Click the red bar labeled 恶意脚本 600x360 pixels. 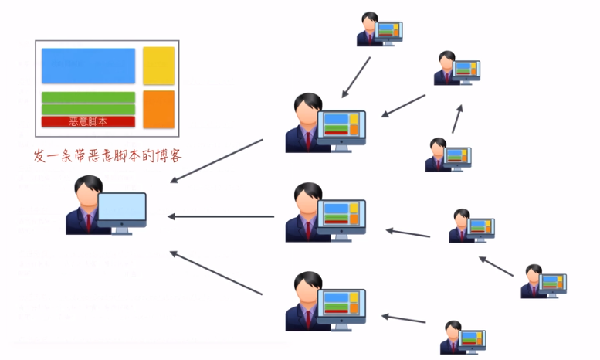[88, 121]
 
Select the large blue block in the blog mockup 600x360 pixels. [88, 66]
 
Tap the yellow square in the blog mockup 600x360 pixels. [159, 66]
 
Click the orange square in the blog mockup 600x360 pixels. [159, 109]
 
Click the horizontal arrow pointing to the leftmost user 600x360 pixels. [221, 216]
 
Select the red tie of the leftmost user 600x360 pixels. [89, 222]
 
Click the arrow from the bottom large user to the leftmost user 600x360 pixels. [216, 273]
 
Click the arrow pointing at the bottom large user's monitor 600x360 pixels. [404, 318]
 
